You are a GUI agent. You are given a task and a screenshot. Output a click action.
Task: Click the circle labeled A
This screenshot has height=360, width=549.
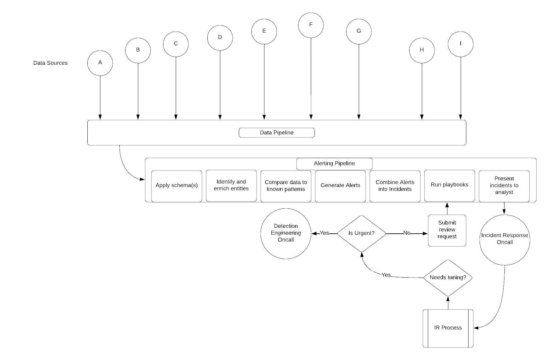click(x=100, y=63)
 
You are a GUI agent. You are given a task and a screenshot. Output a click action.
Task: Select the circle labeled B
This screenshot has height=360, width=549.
click(x=138, y=50)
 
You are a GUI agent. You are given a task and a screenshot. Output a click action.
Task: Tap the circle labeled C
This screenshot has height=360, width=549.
click(x=176, y=44)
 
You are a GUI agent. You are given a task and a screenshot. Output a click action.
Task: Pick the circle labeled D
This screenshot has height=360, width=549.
click(x=220, y=38)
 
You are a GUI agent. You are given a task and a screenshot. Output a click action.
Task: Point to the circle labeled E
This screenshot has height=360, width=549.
click(x=264, y=31)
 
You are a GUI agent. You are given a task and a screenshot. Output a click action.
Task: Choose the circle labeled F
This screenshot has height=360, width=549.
click(x=311, y=25)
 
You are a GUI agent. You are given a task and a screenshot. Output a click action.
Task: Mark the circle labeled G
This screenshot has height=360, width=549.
click(x=359, y=31)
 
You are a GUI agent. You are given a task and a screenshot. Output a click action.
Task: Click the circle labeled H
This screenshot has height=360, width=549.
click(x=422, y=50)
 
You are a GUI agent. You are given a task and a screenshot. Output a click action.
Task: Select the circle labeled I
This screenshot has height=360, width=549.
click(x=461, y=44)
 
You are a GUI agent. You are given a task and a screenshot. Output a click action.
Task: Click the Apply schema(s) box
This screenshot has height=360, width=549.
click(x=177, y=186)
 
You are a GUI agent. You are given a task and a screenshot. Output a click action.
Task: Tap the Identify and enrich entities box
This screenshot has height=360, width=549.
click(x=231, y=185)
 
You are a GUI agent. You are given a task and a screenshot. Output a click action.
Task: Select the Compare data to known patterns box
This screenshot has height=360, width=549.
click(x=286, y=186)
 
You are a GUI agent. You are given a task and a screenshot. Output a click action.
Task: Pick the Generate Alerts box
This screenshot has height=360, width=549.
click(x=340, y=186)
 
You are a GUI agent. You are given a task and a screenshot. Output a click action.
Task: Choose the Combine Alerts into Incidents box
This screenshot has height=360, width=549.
click(x=395, y=186)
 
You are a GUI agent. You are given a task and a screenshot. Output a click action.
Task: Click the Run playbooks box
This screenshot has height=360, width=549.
click(x=450, y=185)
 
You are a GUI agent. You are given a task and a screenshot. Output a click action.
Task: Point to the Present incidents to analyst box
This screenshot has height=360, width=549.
click(x=504, y=186)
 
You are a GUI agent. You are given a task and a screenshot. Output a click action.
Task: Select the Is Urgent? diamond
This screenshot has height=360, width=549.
click(x=362, y=233)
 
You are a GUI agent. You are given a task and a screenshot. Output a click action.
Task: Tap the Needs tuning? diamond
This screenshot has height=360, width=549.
click(x=448, y=278)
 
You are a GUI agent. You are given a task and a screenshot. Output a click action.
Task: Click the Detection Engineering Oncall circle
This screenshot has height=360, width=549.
click(x=286, y=233)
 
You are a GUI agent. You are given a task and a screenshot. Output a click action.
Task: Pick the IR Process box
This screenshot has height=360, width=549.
click(x=448, y=328)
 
